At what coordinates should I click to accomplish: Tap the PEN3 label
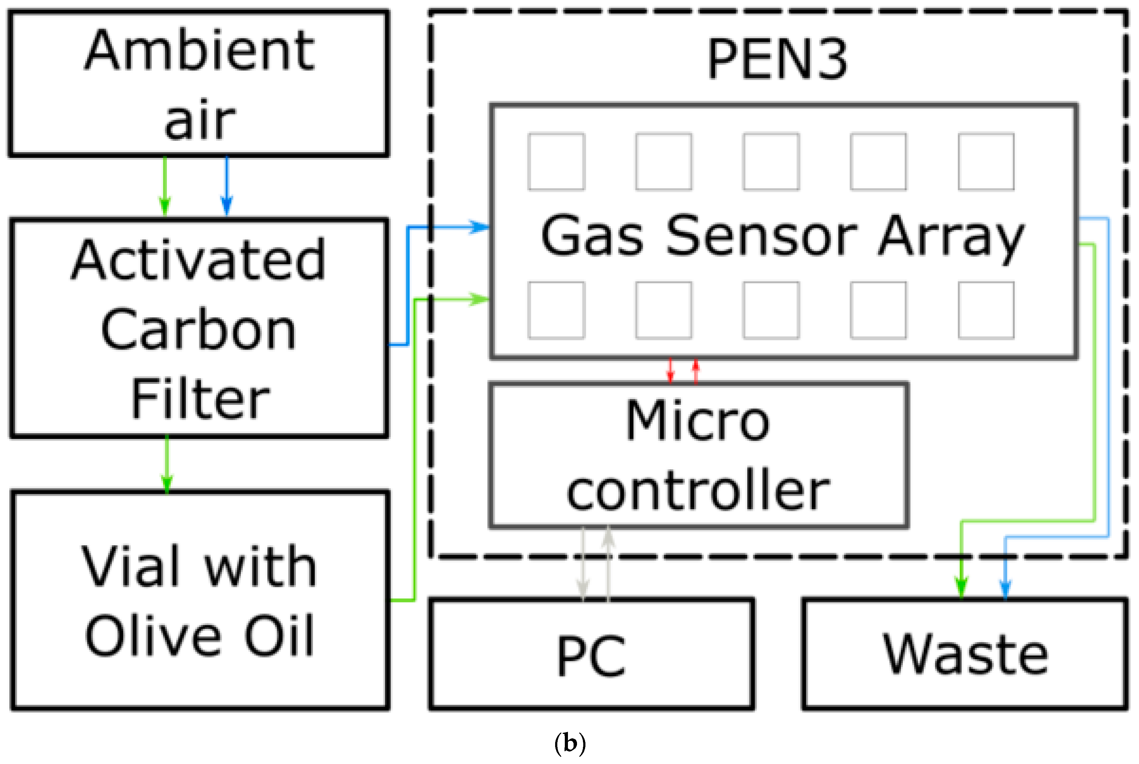tap(777, 59)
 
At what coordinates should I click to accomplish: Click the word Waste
tap(965, 654)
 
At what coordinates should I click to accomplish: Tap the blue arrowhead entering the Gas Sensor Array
tap(480, 227)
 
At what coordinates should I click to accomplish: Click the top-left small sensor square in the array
tap(556, 161)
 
